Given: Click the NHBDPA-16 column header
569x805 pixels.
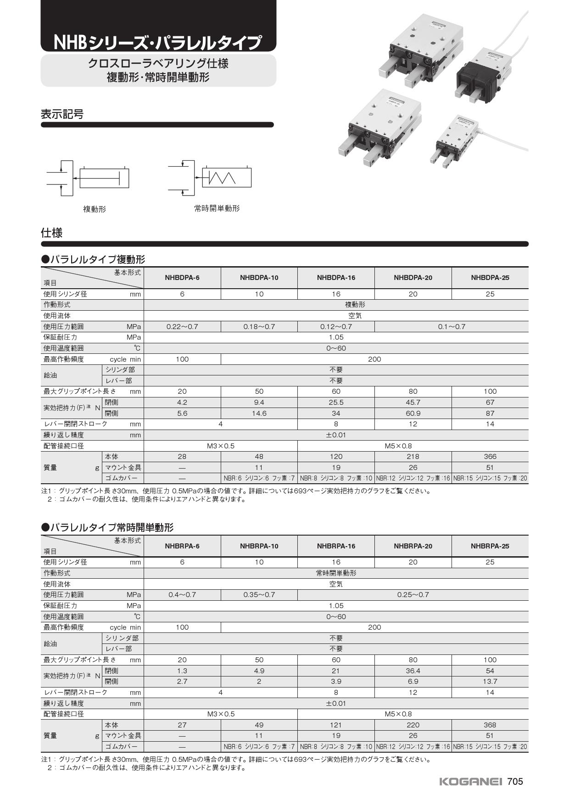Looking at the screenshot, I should pos(336,278).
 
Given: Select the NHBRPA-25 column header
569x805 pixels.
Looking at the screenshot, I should pos(490,546).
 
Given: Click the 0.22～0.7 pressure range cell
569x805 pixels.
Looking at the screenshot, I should pos(182,327).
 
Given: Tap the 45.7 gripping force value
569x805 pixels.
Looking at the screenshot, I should pos(413,402).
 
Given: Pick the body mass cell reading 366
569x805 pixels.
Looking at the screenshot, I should pos(490,457).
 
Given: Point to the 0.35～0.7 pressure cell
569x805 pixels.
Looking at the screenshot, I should pos(259,595).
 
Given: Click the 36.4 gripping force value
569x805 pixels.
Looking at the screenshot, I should pos(413,671).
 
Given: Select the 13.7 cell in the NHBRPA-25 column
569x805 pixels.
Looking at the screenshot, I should pos(490,682).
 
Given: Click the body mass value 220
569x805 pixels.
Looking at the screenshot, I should pos(413,725).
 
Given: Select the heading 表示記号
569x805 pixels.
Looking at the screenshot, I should pos(62,114).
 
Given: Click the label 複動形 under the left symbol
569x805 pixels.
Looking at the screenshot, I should pos(95,209).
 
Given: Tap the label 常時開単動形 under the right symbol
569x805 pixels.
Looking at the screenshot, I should pos(217,208).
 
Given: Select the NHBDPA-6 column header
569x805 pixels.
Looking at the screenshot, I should pos(182,278).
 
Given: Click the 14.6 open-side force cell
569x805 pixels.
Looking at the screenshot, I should pos(259,414).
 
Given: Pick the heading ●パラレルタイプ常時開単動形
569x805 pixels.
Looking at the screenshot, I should pos(107,527).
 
